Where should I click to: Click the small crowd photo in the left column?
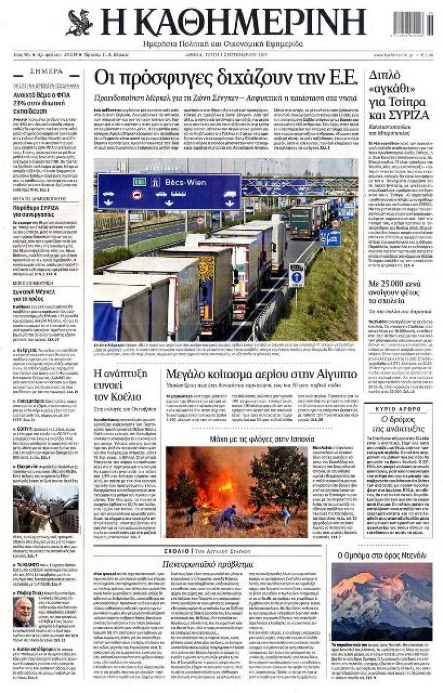tap(45, 509)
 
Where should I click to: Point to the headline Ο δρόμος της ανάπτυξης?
tap(398, 423)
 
